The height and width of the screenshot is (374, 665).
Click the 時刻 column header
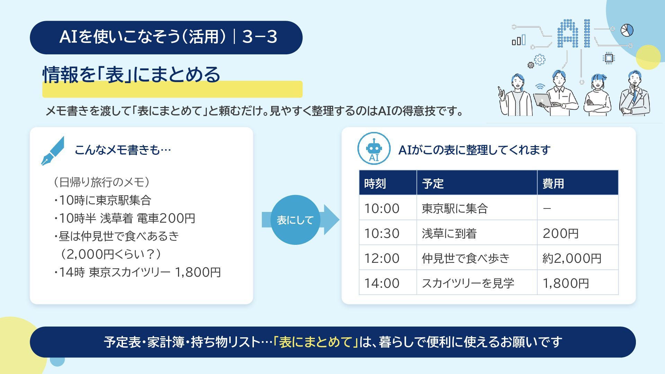click(388, 182)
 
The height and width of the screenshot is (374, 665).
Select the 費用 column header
click(577, 182)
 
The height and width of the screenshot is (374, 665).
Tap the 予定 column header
click(477, 182)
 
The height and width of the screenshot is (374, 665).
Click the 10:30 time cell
click(388, 233)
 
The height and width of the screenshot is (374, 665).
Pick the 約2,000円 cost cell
click(577, 258)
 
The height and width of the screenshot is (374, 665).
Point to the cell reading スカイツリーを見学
click(477, 283)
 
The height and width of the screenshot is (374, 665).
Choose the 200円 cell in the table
click(577, 233)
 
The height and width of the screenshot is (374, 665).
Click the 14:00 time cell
click(388, 283)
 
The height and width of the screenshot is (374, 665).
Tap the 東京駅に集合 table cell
click(477, 208)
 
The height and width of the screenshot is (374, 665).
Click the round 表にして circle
click(295, 220)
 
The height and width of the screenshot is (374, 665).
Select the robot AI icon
click(374, 149)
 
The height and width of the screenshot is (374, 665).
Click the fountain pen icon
click(53, 151)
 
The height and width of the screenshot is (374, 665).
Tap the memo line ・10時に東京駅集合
click(103, 200)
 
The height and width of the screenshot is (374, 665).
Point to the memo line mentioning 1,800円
click(137, 272)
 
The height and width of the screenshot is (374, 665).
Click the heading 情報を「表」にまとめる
click(131, 74)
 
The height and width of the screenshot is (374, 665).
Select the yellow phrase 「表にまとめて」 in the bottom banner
click(316, 342)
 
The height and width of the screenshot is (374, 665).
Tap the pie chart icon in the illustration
click(627, 30)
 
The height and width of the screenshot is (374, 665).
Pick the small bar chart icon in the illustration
click(518, 40)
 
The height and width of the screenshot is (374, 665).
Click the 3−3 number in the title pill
click(260, 37)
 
